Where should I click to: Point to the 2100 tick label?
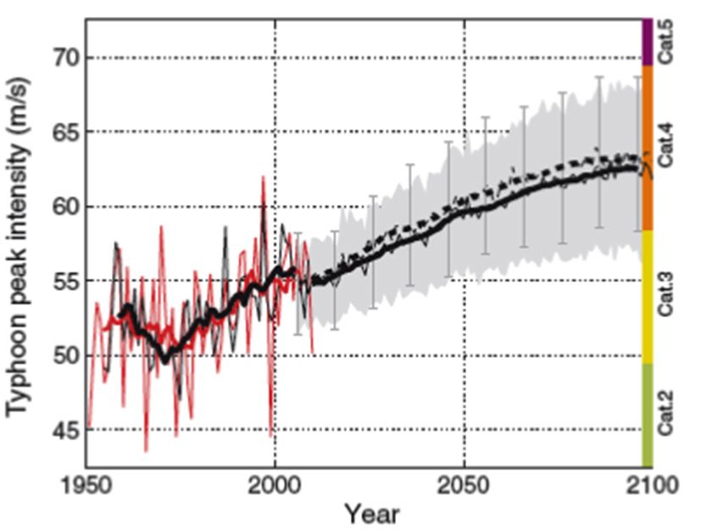point(652,486)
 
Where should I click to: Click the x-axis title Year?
point(370,513)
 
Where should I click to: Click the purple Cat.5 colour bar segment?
point(648,42)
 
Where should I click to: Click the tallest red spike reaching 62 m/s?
point(264,177)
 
